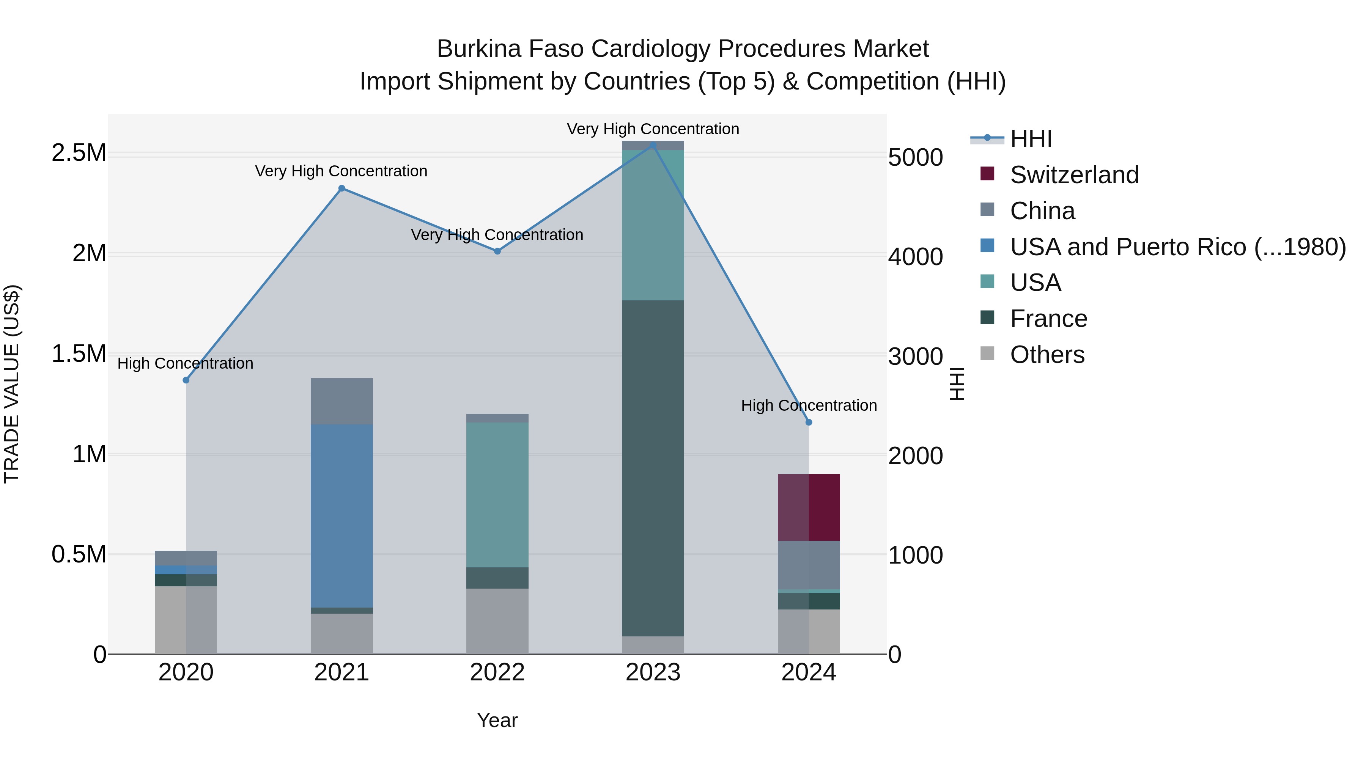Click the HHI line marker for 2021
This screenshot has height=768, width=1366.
click(x=341, y=188)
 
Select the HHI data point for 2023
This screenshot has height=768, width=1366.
click(x=653, y=145)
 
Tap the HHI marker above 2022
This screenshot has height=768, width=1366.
click(x=497, y=251)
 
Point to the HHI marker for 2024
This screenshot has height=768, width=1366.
click(x=809, y=422)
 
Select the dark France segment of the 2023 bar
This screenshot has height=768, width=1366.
click(x=653, y=468)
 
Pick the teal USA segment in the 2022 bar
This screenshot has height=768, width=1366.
click(x=497, y=495)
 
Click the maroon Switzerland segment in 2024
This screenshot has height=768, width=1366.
click(x=809, y=507)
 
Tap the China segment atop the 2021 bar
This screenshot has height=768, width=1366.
click(x=341, y=401)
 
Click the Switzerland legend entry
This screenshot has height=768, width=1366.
click(x=1074, y=175)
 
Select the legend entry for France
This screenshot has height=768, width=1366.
click(x=1048, y=319)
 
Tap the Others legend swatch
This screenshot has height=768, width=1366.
click(x=987, y=353)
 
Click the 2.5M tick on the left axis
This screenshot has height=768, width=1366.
click(x=79, y=153)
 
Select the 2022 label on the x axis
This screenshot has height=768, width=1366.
click(x=497, y=672)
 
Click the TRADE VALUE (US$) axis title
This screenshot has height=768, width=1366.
click(x=12, y=384)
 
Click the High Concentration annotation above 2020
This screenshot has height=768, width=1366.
click(x=185, y=364)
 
